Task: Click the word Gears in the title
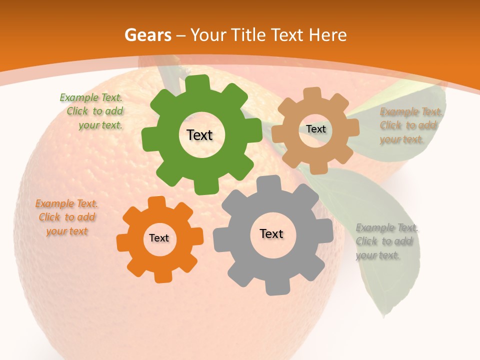tap(146, 35)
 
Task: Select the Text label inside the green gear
tap(199, 135)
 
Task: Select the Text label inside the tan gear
tap(315, 129)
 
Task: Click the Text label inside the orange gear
tap(159, 238)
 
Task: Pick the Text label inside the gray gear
tap(271, 234)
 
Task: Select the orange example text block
tap(66, 217)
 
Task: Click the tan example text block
tap(410, 125)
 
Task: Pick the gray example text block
tap(385, 241)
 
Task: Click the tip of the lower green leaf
tap(384, 316)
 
